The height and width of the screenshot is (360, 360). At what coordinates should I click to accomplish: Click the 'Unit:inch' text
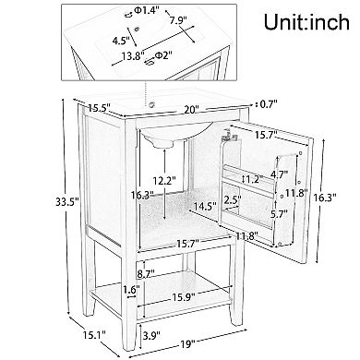pos(306,22)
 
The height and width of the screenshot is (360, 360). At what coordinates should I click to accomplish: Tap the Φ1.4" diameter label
pos(147,10)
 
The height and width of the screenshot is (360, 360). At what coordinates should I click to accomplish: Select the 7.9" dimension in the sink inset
pos(178,20)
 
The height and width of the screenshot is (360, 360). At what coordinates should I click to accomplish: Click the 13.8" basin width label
pos(133,56)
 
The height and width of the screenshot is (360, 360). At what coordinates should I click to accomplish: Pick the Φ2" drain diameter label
pos(162,55)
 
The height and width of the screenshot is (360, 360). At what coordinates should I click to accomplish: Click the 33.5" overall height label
pos(67,202)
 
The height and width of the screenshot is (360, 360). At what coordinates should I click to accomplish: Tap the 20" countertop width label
pos(192,109)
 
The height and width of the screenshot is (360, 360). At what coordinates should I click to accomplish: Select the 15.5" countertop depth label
pos(99,108)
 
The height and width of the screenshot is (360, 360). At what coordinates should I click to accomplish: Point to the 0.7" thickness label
pos(269,104)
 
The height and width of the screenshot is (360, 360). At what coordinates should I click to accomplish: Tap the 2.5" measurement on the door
pos(233,199)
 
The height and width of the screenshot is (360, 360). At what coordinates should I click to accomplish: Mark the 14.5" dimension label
pos(205,205)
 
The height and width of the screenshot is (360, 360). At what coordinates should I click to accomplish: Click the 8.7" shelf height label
pos(146,273)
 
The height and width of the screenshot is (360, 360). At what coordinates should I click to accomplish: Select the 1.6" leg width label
pos(131,290)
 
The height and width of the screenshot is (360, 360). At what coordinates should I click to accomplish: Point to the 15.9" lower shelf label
pos(184,297)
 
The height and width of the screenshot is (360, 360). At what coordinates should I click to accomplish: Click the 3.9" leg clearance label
pos(151,335)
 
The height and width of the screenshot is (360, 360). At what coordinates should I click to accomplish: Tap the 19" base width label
pos(188,343)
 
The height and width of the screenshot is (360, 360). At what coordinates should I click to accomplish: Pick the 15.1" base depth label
pos(94,334)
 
